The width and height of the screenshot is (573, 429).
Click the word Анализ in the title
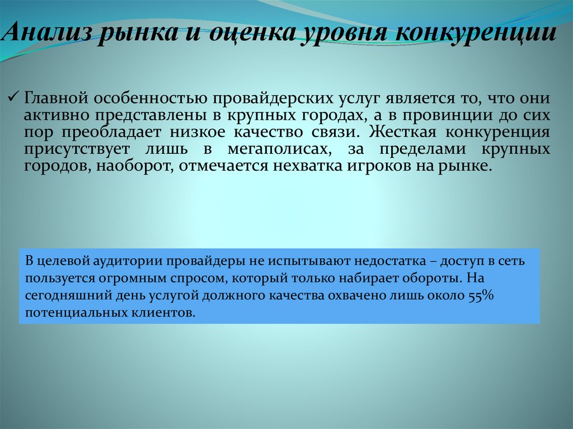[48, 35]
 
